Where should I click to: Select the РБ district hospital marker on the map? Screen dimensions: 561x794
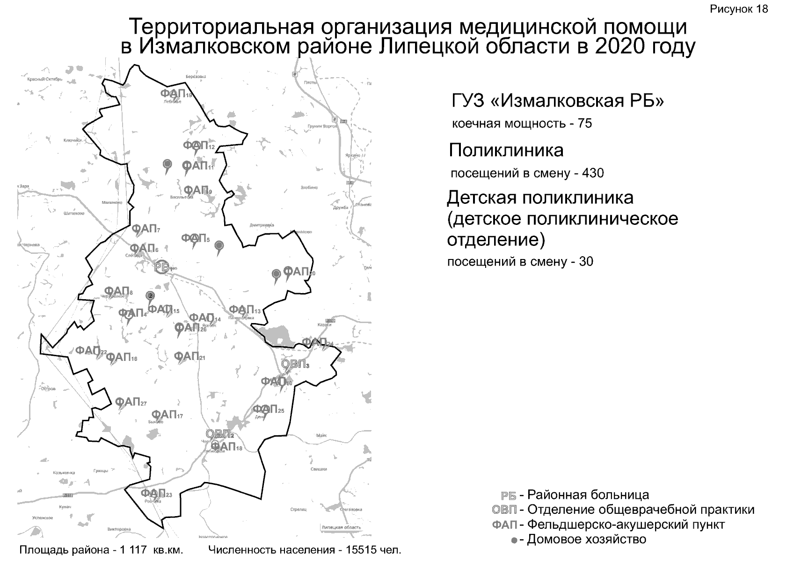tap(162, 267)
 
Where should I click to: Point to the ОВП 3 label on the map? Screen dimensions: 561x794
tap(295, 364)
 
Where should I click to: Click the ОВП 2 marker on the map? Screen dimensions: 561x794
tap(219, 434)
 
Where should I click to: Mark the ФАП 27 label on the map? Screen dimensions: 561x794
tap(131, 402)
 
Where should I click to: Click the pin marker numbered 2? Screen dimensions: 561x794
tap(150, 295)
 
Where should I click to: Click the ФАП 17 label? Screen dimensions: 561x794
tap(167, 415)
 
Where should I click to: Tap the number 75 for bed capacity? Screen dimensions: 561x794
tap(585, 123)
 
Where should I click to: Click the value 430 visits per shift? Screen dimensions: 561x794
tap(593, 173)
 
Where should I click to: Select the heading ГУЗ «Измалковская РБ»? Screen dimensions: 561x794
tap(557, 101)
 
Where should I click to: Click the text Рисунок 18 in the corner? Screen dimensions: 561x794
tap(739, 9)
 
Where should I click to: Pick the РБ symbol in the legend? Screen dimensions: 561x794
tap(508, 496)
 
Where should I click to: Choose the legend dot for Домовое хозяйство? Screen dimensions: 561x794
tap(514, 540)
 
